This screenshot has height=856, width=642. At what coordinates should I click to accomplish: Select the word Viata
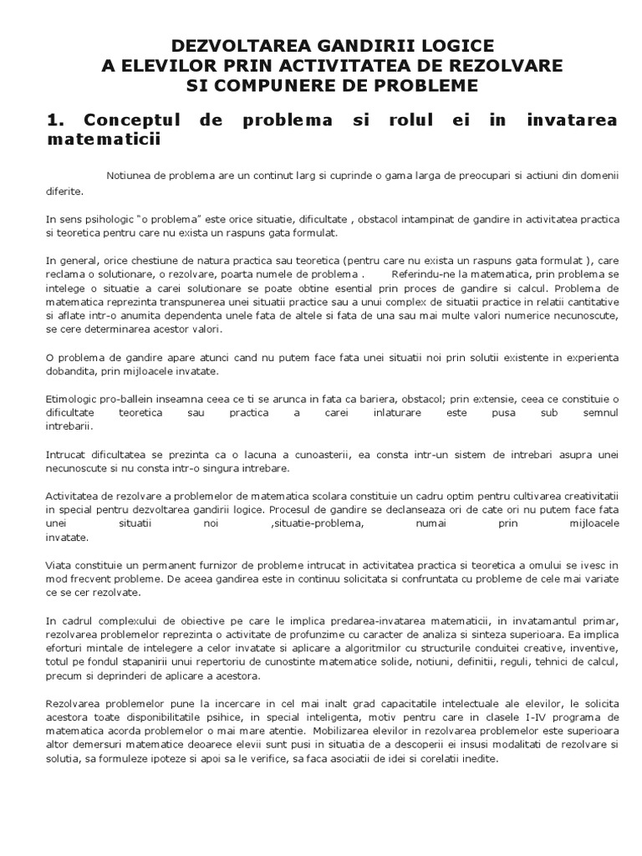(59, 566)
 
